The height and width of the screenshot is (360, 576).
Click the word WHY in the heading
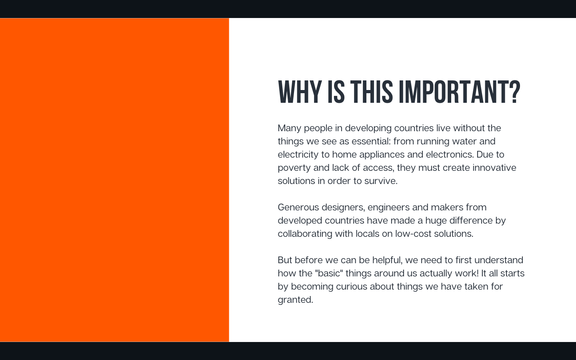pos(300,92)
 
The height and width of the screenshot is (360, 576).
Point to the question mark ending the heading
pos(515,92)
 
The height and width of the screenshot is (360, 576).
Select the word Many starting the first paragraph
pos(289,128)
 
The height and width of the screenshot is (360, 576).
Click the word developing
pos(368,128)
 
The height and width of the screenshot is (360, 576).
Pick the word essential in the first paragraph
pos(371,141)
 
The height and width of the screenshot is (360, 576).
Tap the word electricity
pos(298,154)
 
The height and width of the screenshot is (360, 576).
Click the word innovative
pos(494,168)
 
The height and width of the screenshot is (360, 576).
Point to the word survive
pos(381,181)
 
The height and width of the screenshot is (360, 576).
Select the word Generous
pos(298,207)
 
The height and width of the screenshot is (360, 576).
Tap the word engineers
pos(388,208)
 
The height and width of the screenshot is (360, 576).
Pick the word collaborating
pos(305,234)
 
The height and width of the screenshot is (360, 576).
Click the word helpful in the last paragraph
pos(387,260)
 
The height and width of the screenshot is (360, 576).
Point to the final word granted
pos(296,300)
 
